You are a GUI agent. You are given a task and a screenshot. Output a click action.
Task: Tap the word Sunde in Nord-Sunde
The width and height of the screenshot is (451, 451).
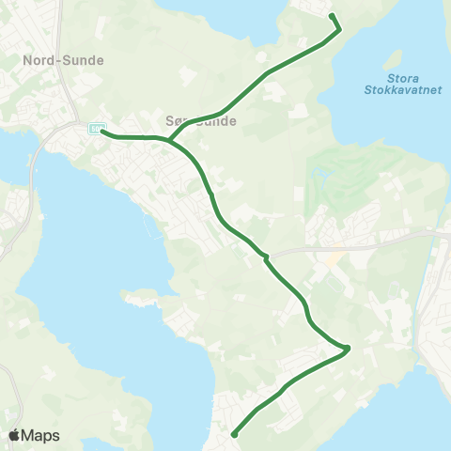83,60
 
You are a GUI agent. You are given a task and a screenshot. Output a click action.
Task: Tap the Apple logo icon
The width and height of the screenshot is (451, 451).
15,435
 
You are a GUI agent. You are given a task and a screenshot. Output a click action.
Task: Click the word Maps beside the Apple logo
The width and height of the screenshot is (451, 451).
41,435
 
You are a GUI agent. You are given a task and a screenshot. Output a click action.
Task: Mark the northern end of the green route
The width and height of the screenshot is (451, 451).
332,16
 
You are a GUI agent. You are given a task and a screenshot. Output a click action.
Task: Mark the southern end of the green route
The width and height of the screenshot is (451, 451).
233,434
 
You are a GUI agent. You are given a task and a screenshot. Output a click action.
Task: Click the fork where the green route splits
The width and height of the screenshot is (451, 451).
169,141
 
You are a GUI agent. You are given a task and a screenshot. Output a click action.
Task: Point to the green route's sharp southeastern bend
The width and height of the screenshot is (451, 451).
348,349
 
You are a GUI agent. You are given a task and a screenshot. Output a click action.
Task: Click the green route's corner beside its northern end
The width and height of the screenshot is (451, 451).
339,29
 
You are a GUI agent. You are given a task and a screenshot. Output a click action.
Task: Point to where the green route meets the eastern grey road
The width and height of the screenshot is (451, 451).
266,256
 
